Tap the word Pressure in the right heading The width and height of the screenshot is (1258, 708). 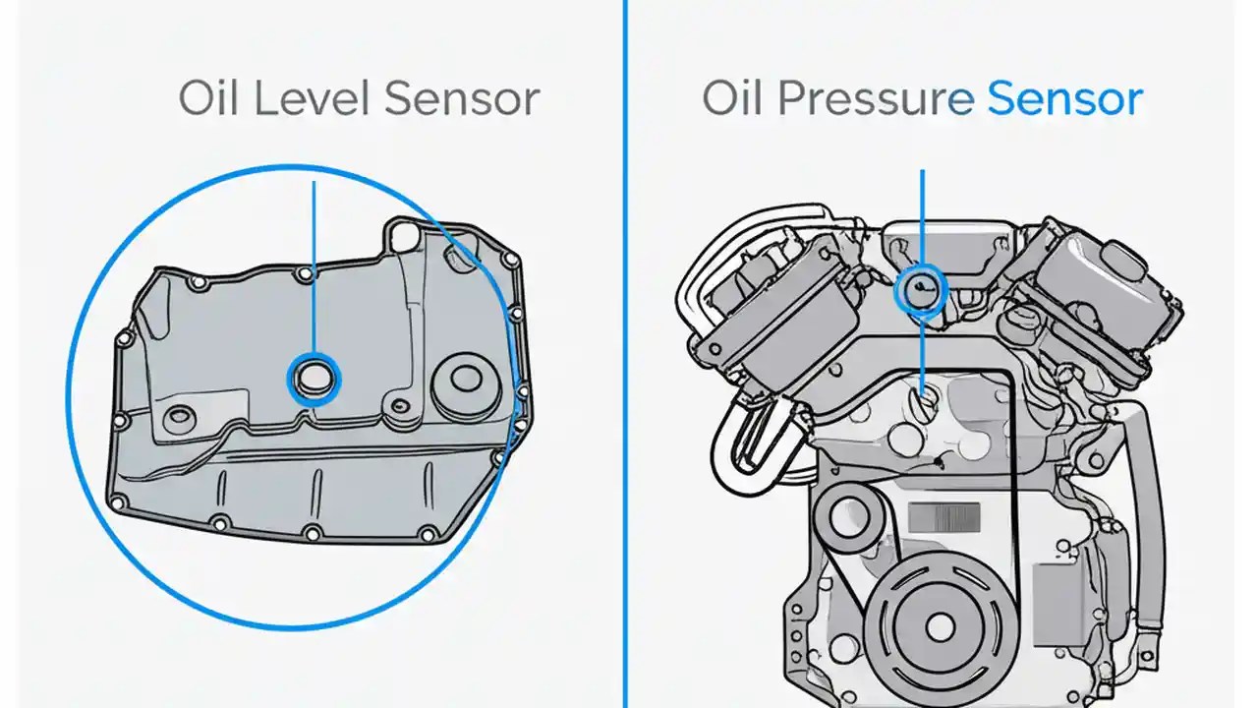tap(877, 99)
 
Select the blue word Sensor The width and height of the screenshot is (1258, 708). tap(1063, 99)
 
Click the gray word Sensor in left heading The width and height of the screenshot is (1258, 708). tap(461, 99)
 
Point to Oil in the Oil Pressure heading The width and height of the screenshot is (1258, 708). tap(732, 99)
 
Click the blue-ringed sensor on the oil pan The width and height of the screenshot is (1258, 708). tap(314, 378)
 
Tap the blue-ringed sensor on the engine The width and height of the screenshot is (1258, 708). tap(921, 290)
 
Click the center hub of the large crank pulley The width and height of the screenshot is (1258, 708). tap(940, 626)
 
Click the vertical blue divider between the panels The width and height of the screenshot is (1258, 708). tap(625, 393)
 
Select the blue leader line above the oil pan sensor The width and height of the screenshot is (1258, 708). tap(314, 265)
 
